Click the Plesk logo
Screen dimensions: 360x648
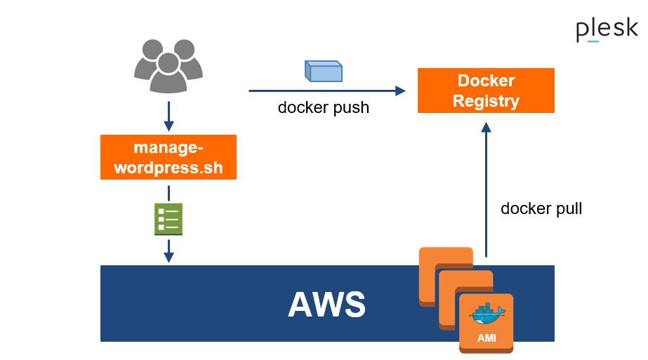tap(607, 30)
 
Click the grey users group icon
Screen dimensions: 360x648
tap(168, 67)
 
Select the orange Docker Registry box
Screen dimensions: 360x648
tap(486, 91)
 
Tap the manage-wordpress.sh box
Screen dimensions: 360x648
tap(168, 158)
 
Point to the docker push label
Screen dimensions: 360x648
tap(324, 108)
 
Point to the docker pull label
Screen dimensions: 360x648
tap(541, 208)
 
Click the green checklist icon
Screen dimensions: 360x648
tap(168, 219)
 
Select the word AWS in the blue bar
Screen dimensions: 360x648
tap(326, 305)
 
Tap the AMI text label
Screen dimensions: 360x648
tap(487, 338)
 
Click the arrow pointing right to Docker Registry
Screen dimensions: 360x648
tap(327, 91)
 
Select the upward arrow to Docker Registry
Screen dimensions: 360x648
tap(486, 189)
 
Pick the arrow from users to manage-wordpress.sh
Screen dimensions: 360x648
tap(168, 116)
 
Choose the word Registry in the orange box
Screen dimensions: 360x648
tap(486, 101)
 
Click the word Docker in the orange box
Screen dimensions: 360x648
tap(486, 81)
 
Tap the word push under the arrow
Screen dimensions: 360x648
tap(351, 108)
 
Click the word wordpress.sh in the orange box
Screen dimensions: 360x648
tap(168, 168)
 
